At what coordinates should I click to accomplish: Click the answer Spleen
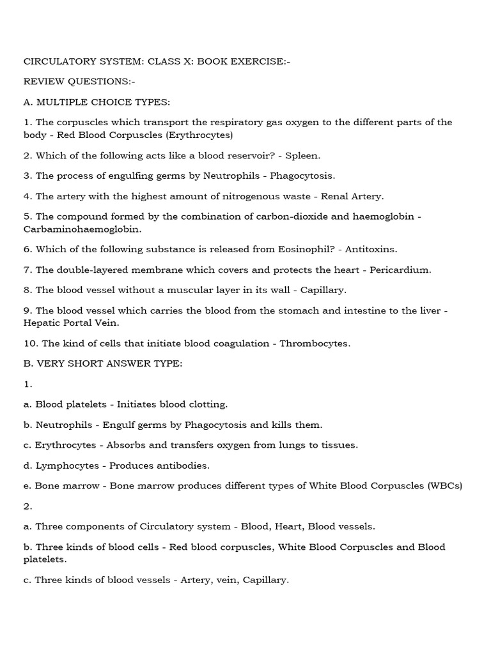pyautogui.click(x=303, y=155)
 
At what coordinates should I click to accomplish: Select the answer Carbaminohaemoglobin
pyautogui.click(x=82, y=228)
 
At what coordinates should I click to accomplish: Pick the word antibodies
pyautogui.click(x=180, y=466)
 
